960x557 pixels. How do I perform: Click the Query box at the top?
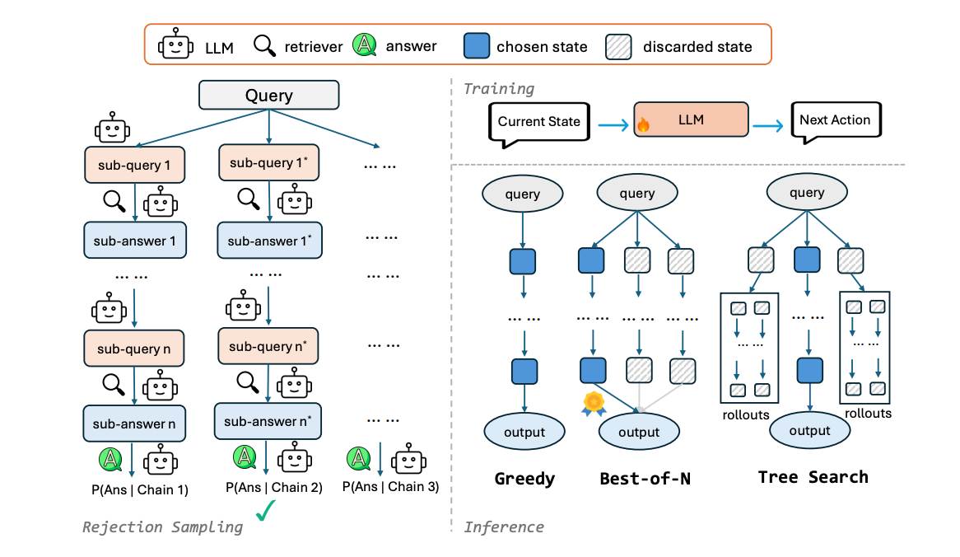[x=268, y=95]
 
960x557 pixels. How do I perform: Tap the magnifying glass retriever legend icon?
[x=265, y=46]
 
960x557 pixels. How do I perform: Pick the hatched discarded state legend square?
[x=620, y=45]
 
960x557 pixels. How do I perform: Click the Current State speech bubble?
[x=538, y=121]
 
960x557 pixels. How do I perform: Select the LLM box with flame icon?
[x=690, y=120]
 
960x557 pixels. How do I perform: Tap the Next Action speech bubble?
[x=834, y=120]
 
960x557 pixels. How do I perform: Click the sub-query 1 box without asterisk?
[x=133, y=166]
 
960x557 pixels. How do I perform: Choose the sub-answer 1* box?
[x=268, y=241]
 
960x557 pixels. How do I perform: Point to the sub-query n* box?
[x=268, y=346]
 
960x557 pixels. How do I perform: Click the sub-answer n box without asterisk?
[x=133, y=424]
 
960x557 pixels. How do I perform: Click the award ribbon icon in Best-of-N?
[x=593, y=403]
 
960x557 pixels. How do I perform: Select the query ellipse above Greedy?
[x=523, y=194]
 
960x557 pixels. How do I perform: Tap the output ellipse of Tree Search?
[x=809, y=431]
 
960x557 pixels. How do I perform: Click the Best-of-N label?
[x=645, y=479]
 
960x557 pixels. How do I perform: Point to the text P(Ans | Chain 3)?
[x=390, y=486]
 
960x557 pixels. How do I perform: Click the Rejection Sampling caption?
[x=163, y=527]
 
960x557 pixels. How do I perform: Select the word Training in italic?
[x=498, y=88]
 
